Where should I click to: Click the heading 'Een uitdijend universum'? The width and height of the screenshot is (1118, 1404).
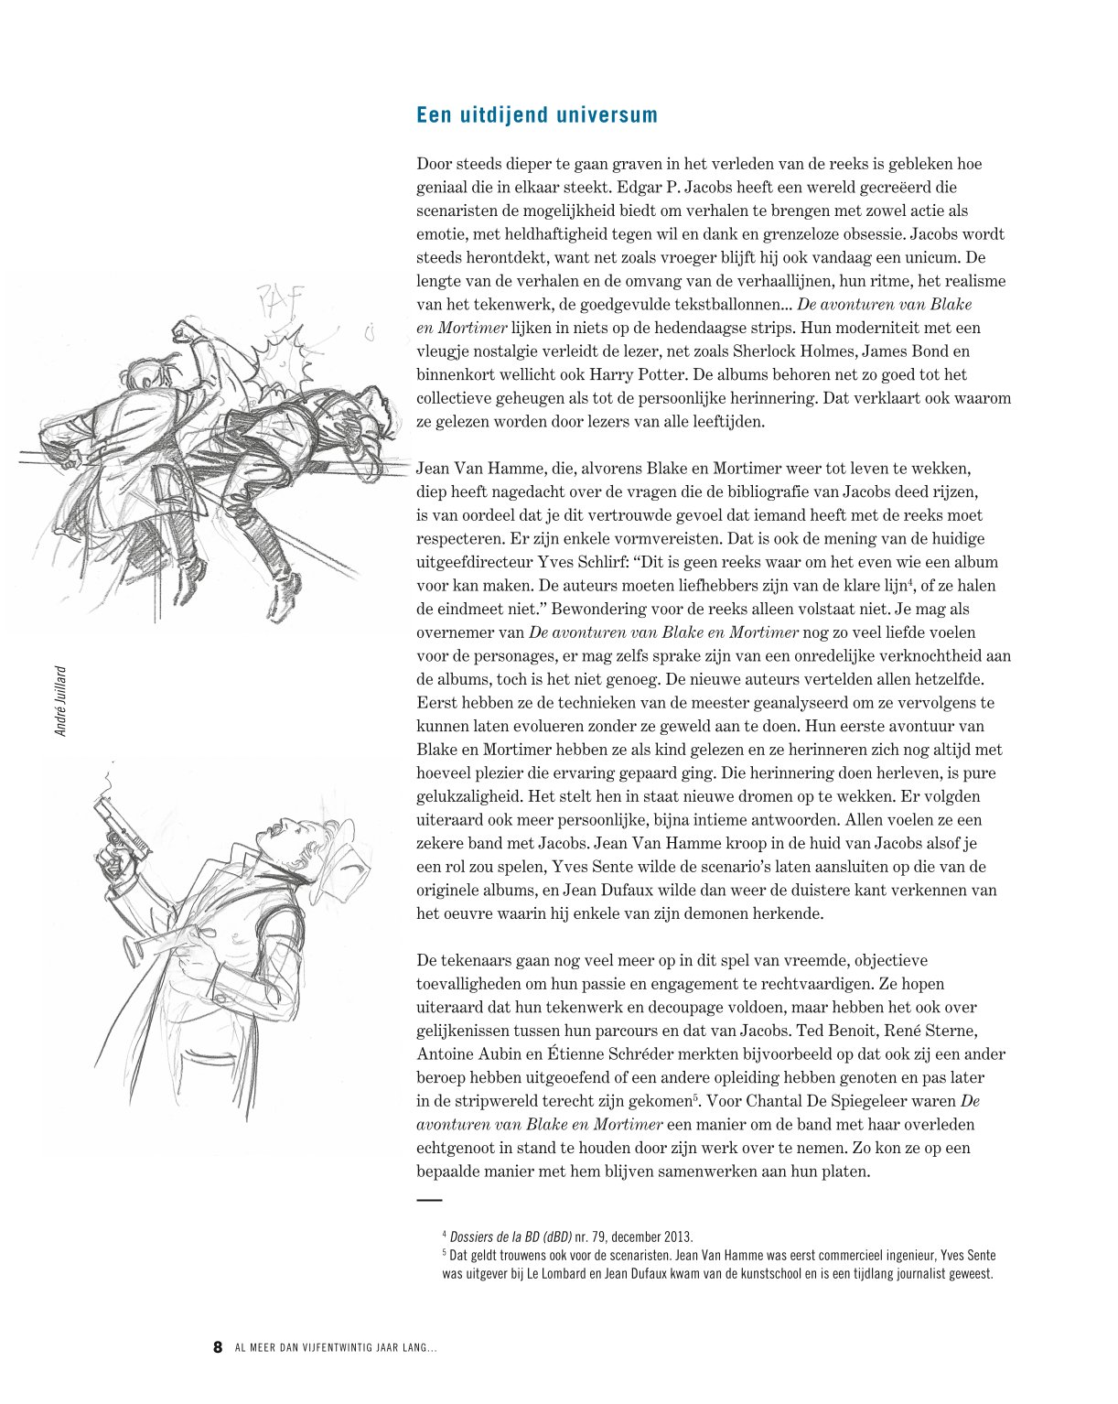(x=537, y=115)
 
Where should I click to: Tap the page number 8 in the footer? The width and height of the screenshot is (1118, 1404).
(x=218, y=1347)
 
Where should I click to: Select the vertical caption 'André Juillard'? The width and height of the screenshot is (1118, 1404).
(x=61, y=700)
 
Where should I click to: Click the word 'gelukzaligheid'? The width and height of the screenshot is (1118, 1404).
(x=465, y=796)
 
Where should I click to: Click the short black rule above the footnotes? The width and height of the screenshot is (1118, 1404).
(x=429, y=1199)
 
